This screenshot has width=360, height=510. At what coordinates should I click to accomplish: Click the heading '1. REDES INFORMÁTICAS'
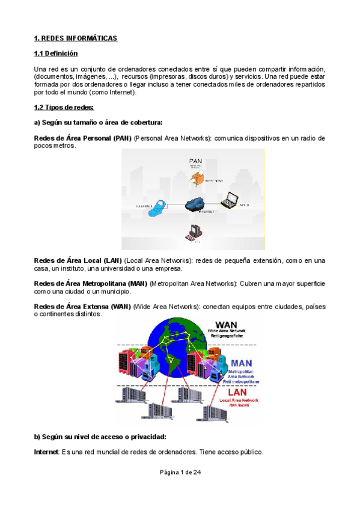(x=76, y=38)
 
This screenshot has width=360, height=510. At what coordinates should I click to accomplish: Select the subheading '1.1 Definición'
(x=56, y=54)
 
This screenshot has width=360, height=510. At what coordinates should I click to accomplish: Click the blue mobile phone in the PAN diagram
(x=157, y=208)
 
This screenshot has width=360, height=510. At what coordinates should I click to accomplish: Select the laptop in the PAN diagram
(x=228, y=201)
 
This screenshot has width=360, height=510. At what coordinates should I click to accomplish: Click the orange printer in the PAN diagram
(x=195, y=177)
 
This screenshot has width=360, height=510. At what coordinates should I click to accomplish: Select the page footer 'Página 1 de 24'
(x=180, y=473)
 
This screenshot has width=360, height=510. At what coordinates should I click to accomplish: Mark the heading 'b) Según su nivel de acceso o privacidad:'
(x=100, y=437)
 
